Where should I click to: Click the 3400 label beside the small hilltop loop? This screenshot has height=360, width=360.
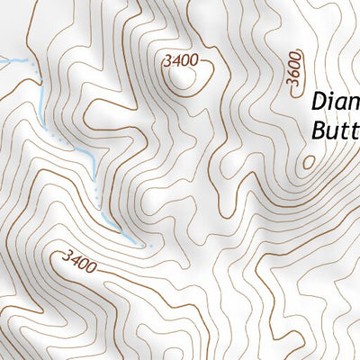coord(181,61)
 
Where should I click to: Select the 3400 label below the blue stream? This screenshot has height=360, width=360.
coord(79,261)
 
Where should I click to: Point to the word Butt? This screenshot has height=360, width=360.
coord(335,131)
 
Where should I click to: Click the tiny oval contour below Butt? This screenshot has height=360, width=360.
coord(309,163)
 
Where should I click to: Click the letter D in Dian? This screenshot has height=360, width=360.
coord(319,101)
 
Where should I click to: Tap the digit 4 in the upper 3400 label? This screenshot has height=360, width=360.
coord(175,61)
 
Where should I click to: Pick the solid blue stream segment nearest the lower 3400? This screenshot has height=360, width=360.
coord(126,232)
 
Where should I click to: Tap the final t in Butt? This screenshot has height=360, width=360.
coord(355,131)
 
